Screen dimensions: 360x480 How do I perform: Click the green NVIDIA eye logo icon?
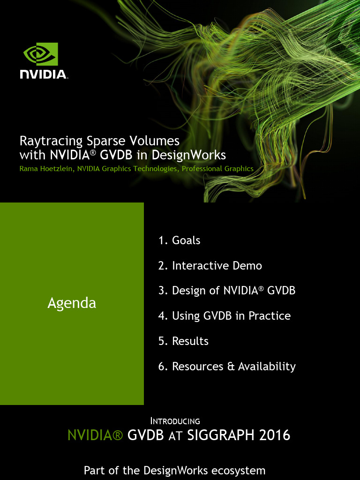click(x=41, y=54)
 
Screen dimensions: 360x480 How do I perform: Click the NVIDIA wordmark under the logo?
click(x=44, y=75)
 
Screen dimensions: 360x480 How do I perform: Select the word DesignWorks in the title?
click(x=188, y=155)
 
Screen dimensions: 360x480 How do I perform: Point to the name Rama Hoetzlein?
click(x=46, y=169)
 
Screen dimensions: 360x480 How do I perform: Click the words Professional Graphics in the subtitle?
click(x=217, y=169)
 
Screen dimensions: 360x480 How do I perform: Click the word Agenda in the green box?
click(x=72, y=303)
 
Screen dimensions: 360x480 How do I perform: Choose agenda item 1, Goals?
click(x=180, y=240)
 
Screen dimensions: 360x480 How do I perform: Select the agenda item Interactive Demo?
click(x=210, y=265)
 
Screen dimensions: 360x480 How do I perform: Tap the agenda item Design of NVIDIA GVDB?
click(x=227, y=291)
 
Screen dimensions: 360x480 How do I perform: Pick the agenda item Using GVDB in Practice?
click(x=225, y=315)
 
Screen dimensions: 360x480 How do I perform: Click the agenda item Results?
click(x=183, y=341)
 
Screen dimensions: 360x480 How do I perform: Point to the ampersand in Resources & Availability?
click(x=231, y=367)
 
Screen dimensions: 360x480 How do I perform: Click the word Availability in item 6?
click(x=267, y=367)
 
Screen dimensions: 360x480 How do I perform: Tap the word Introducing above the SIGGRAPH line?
click(x=175, y=421)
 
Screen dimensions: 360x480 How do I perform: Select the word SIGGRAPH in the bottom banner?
click(x=221, y=435)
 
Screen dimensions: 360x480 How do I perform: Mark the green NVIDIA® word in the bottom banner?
click(x=95, y=435)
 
